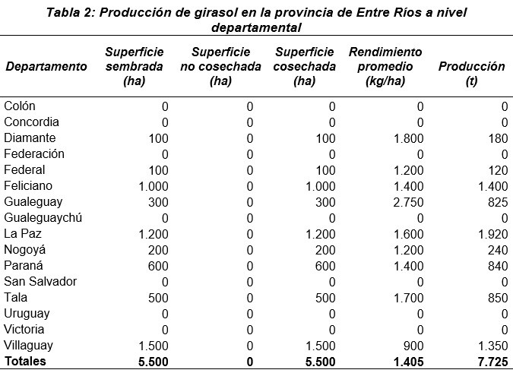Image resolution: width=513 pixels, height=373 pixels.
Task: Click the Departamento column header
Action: [x=46, y=67]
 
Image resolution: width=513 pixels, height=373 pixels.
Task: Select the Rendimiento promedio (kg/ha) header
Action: [x=385, y=66]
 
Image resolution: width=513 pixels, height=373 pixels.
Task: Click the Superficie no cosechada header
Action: [x=220, y=66]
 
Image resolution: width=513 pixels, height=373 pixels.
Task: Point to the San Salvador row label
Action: [x=40, y=282]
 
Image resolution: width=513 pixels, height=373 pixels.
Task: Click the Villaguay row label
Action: [x=30, y=346]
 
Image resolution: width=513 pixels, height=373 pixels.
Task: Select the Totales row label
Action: [x=25, y=362]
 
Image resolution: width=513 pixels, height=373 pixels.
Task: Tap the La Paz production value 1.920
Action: [x=491, y=234]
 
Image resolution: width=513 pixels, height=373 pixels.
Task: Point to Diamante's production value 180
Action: [x=496, y=138]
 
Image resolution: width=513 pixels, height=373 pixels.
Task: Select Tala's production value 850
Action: [x=496, y=298]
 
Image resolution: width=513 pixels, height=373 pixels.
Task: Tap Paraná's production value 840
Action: [x=496, y=266]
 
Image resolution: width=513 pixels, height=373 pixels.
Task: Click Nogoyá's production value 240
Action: [x=496, y=250]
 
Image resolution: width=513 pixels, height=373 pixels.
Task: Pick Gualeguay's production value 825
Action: [x=496, y=202]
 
